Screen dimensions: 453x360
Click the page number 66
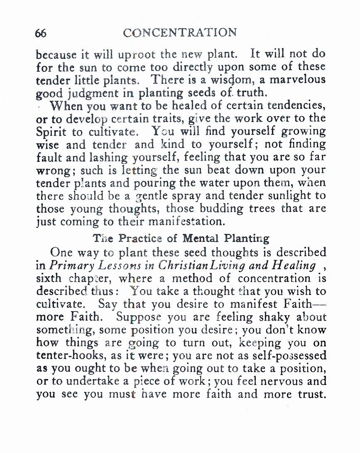[x=41, y=33]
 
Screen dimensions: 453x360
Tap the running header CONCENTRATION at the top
[x=180, y=32]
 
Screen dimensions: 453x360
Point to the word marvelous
[x=296, y=79]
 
